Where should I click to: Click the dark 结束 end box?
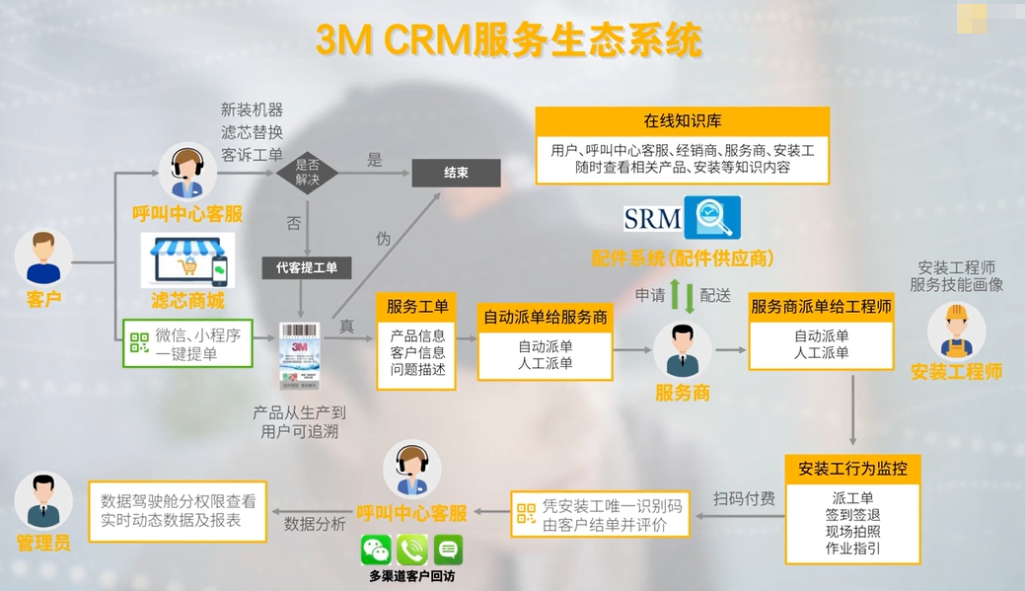456,173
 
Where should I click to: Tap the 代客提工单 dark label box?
306,266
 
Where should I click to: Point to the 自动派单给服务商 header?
545,318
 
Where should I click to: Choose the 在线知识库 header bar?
683,121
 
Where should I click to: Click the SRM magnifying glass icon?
711,218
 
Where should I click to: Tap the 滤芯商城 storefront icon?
186,259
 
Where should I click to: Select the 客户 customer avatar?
43,258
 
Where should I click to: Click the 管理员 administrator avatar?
43,501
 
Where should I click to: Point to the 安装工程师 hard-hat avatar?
955,330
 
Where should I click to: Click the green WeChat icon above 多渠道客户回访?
376,550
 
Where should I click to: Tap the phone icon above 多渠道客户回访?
411,550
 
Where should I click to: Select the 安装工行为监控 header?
852,468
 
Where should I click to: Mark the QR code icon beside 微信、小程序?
139,343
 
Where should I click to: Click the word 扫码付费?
744,498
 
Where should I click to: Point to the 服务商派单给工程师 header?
821,307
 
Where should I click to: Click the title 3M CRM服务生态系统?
509,40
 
